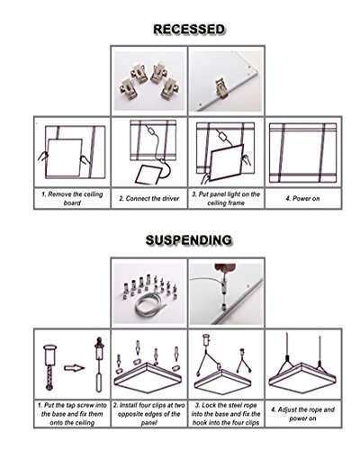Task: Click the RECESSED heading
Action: tap(189, 29)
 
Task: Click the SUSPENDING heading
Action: tap(189, 240)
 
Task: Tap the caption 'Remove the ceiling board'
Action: tap(72, 198)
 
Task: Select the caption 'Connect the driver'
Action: tap(149, 198)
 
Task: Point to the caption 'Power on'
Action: tap(302, 198)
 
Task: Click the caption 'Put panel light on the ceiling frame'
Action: tap(226, 198)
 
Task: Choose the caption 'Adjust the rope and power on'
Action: tap(302, 414)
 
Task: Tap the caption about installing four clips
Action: tap(149, 414)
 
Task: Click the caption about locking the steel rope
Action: tap(226, 414)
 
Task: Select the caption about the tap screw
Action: tap(72, 414)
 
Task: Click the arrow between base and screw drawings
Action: tap(74, 368)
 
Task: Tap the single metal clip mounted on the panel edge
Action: tap(221, 88)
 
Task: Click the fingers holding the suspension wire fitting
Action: tap(222, 268)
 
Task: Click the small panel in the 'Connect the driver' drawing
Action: tap(148, 175)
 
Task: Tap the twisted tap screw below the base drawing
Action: tap(49, 378)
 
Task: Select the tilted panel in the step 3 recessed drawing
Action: tap(227, 163)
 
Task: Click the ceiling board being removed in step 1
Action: tap(64, 157)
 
